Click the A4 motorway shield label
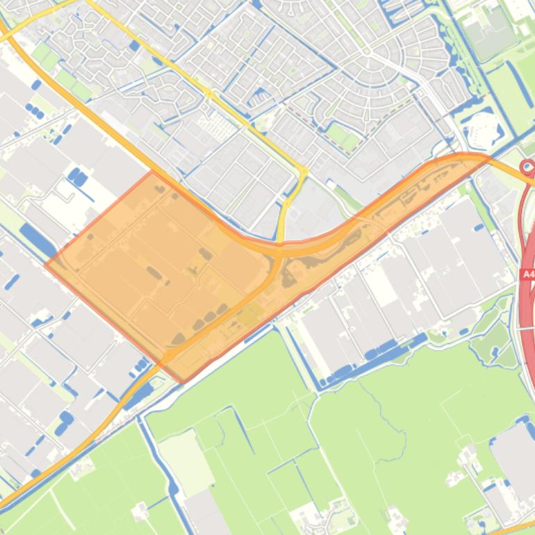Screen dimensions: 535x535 pos(528,274)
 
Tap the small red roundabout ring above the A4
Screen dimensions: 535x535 pos(527,166)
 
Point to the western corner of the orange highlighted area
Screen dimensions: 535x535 pos(46,264)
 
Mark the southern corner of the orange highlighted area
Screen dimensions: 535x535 pos(182,381)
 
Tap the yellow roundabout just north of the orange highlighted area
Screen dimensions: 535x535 pos(303,171)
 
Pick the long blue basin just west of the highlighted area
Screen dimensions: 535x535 pos(38,240)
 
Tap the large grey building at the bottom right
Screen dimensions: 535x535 pos(514,452)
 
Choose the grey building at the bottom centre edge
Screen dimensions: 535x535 pos(205,514)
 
